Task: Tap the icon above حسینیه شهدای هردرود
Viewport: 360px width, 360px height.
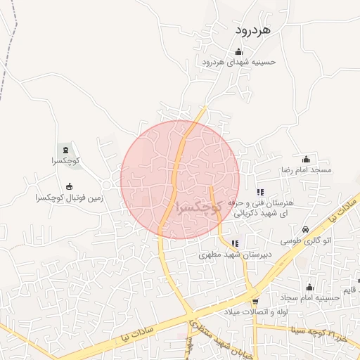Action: pos(238,51)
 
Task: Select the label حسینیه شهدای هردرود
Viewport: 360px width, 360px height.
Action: pos(239,62)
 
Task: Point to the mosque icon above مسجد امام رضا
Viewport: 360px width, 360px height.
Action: pos(306,159)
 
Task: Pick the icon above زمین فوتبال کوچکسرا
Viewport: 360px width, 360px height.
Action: pos(69,186)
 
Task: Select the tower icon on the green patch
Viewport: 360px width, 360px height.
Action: pos(66,149)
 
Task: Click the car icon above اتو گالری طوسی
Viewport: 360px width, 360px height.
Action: pos(305,229)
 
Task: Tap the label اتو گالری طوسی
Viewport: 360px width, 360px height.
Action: pos(306,240)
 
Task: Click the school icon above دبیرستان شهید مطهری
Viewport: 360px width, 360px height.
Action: pos(235,243)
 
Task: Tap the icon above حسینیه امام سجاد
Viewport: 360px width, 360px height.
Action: pos(309,287)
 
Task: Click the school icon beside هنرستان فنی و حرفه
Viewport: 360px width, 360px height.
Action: pos(260,192)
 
